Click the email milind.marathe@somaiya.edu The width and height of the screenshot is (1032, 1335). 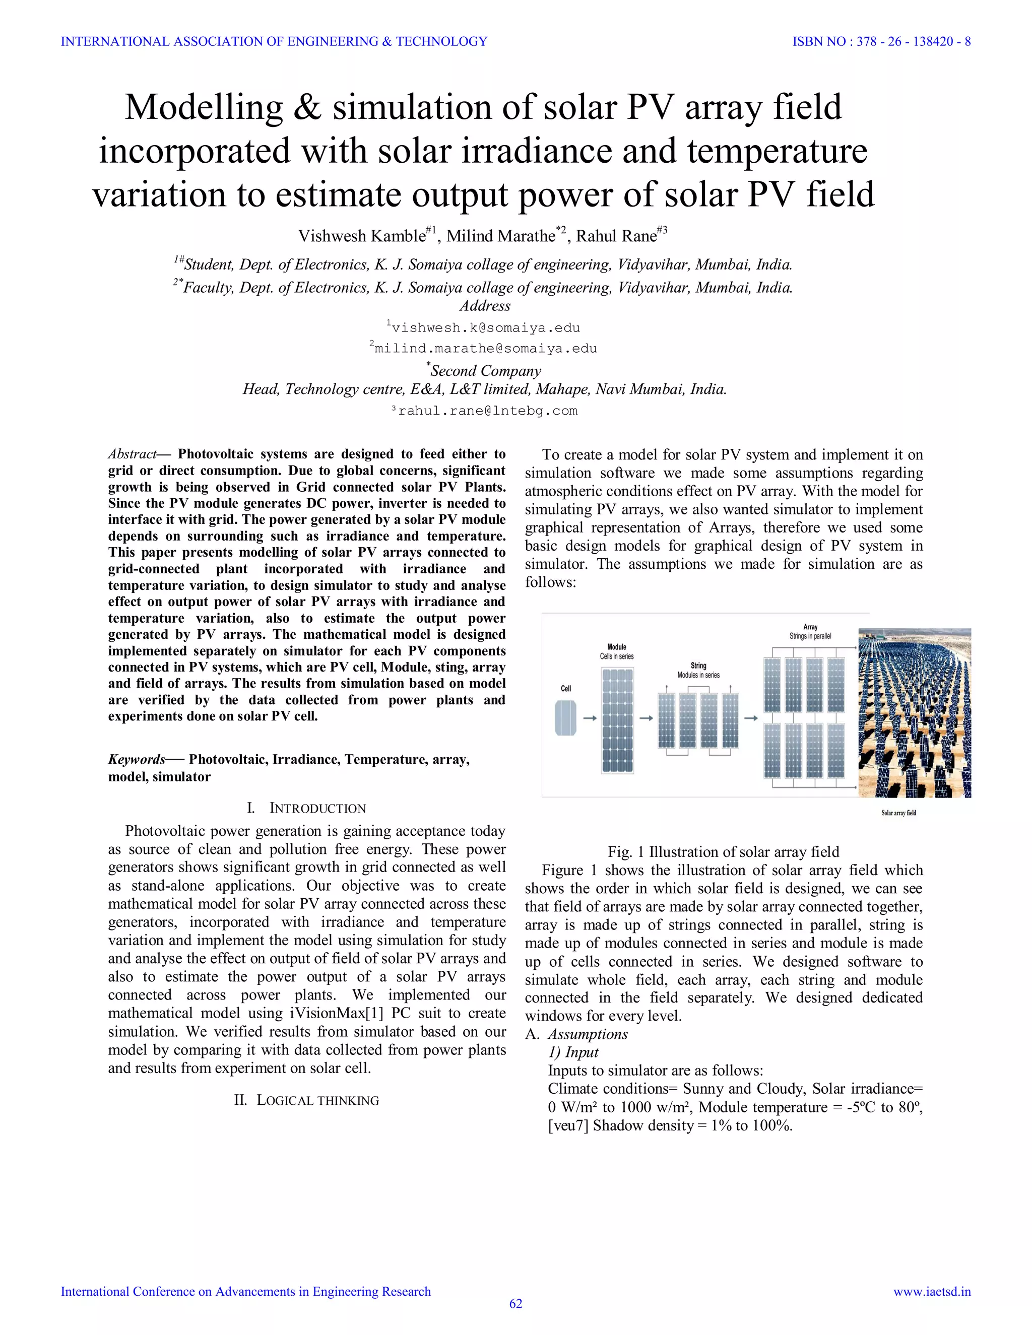pos(485,349)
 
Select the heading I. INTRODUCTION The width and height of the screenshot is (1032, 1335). pos(306,808)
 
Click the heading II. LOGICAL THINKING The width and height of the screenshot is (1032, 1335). pos(306,1100)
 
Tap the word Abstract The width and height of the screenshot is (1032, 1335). pos(132,454)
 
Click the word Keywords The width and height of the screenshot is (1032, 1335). pos(137,759)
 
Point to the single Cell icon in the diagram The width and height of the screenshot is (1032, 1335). pos(565,718)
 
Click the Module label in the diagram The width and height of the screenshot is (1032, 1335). pos(616,647)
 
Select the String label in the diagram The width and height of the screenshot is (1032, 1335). pos(698,665)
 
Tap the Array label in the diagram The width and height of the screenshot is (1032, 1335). pos(810,627)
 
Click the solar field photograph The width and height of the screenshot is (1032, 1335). pos(915,713)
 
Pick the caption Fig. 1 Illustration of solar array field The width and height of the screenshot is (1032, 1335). pos(723,851)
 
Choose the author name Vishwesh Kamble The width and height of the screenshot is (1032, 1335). pos(361,236)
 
